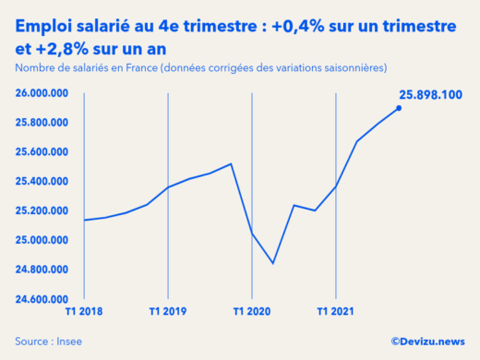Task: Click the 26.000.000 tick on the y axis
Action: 43,93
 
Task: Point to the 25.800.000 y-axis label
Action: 43,123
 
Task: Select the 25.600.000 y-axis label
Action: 43,152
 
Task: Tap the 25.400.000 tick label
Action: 43,182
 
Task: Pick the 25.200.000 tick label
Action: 43,211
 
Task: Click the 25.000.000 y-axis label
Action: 43,241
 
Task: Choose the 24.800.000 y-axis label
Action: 43,270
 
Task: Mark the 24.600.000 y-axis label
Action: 43,300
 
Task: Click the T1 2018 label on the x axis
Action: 84,312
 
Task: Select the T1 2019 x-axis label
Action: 168,312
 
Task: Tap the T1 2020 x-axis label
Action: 252,312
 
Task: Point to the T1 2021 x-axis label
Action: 336,312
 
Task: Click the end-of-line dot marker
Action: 399,108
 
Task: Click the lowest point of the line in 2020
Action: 273,263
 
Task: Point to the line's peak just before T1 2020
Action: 231,163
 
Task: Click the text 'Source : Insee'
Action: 47,342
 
